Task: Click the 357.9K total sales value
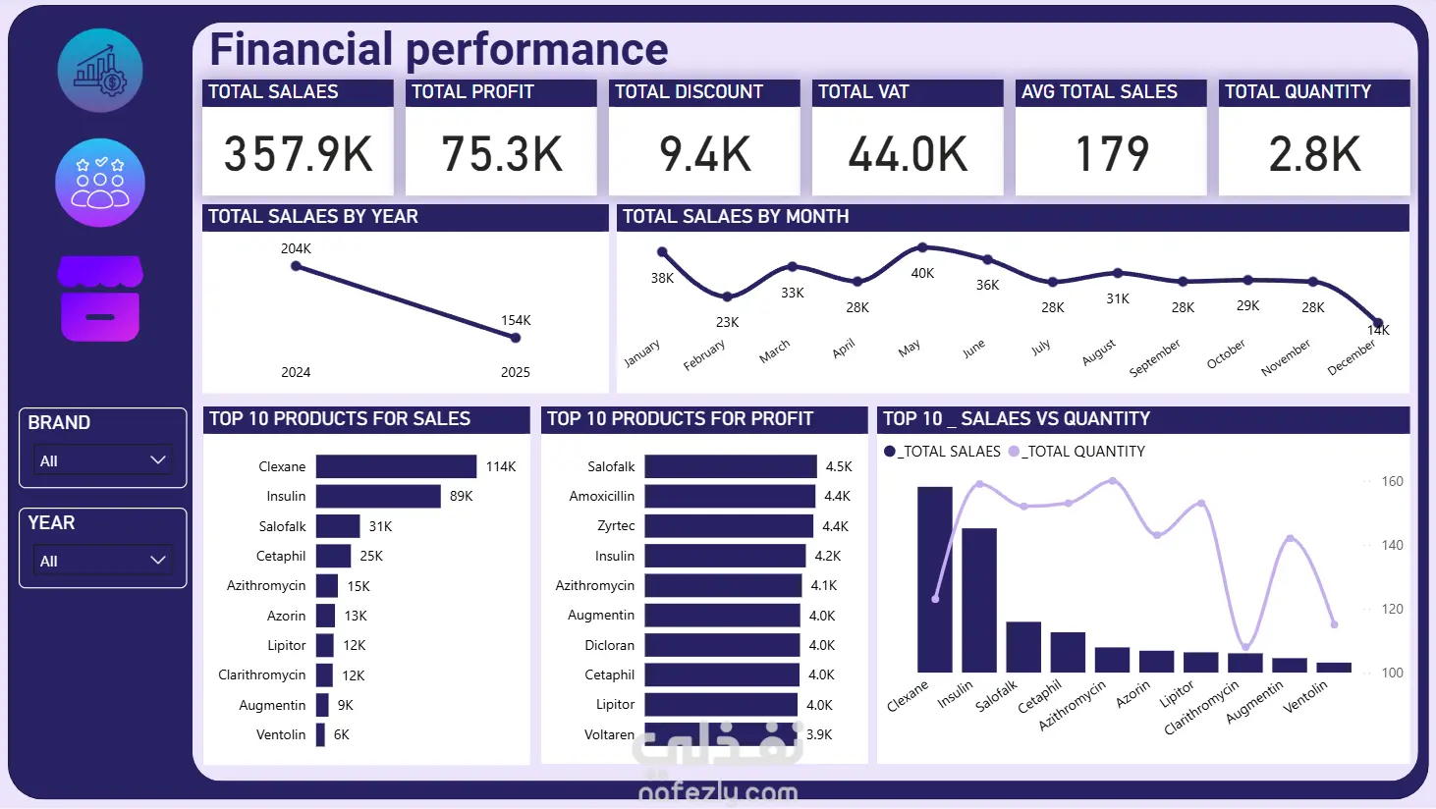coord(298,154)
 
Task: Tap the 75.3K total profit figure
coord(501,154)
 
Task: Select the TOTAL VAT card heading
coord(863,92)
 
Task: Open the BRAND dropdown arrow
coord(157,460)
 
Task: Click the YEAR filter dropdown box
coord(103,561)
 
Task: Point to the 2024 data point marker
coord(296,266)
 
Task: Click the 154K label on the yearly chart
coord(516,320)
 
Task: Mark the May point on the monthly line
coord(922,248)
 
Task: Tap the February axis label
coord(704,355)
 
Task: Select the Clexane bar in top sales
coord(396,466)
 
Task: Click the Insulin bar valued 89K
coord(378,496)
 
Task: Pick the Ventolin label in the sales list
coord(281,734)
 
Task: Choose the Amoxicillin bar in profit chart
coord(730,496)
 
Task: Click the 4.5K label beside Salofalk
coord(839,466)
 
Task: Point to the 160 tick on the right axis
coord(1392,481)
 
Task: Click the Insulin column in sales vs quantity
coord(979,600)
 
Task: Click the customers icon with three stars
coord(100,183)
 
